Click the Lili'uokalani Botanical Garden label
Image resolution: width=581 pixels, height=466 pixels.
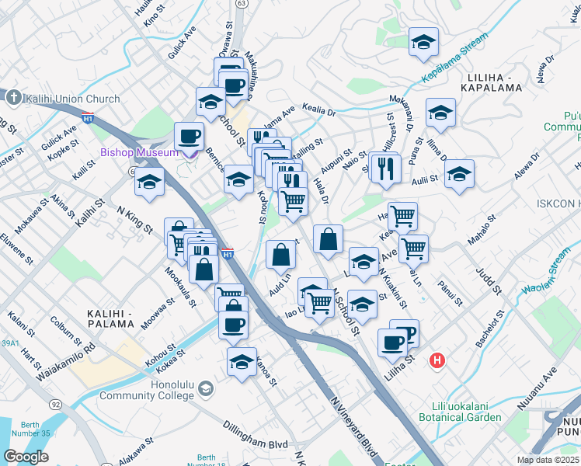(467, 412)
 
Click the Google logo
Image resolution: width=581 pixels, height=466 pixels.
(26, 457)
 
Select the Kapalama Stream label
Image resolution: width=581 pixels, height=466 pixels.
(455, 58)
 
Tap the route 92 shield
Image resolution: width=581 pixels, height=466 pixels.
(56, 405)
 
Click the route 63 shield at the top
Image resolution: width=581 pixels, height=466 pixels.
(242, 3)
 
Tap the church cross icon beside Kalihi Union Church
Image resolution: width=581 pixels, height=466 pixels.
(12, 99)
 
